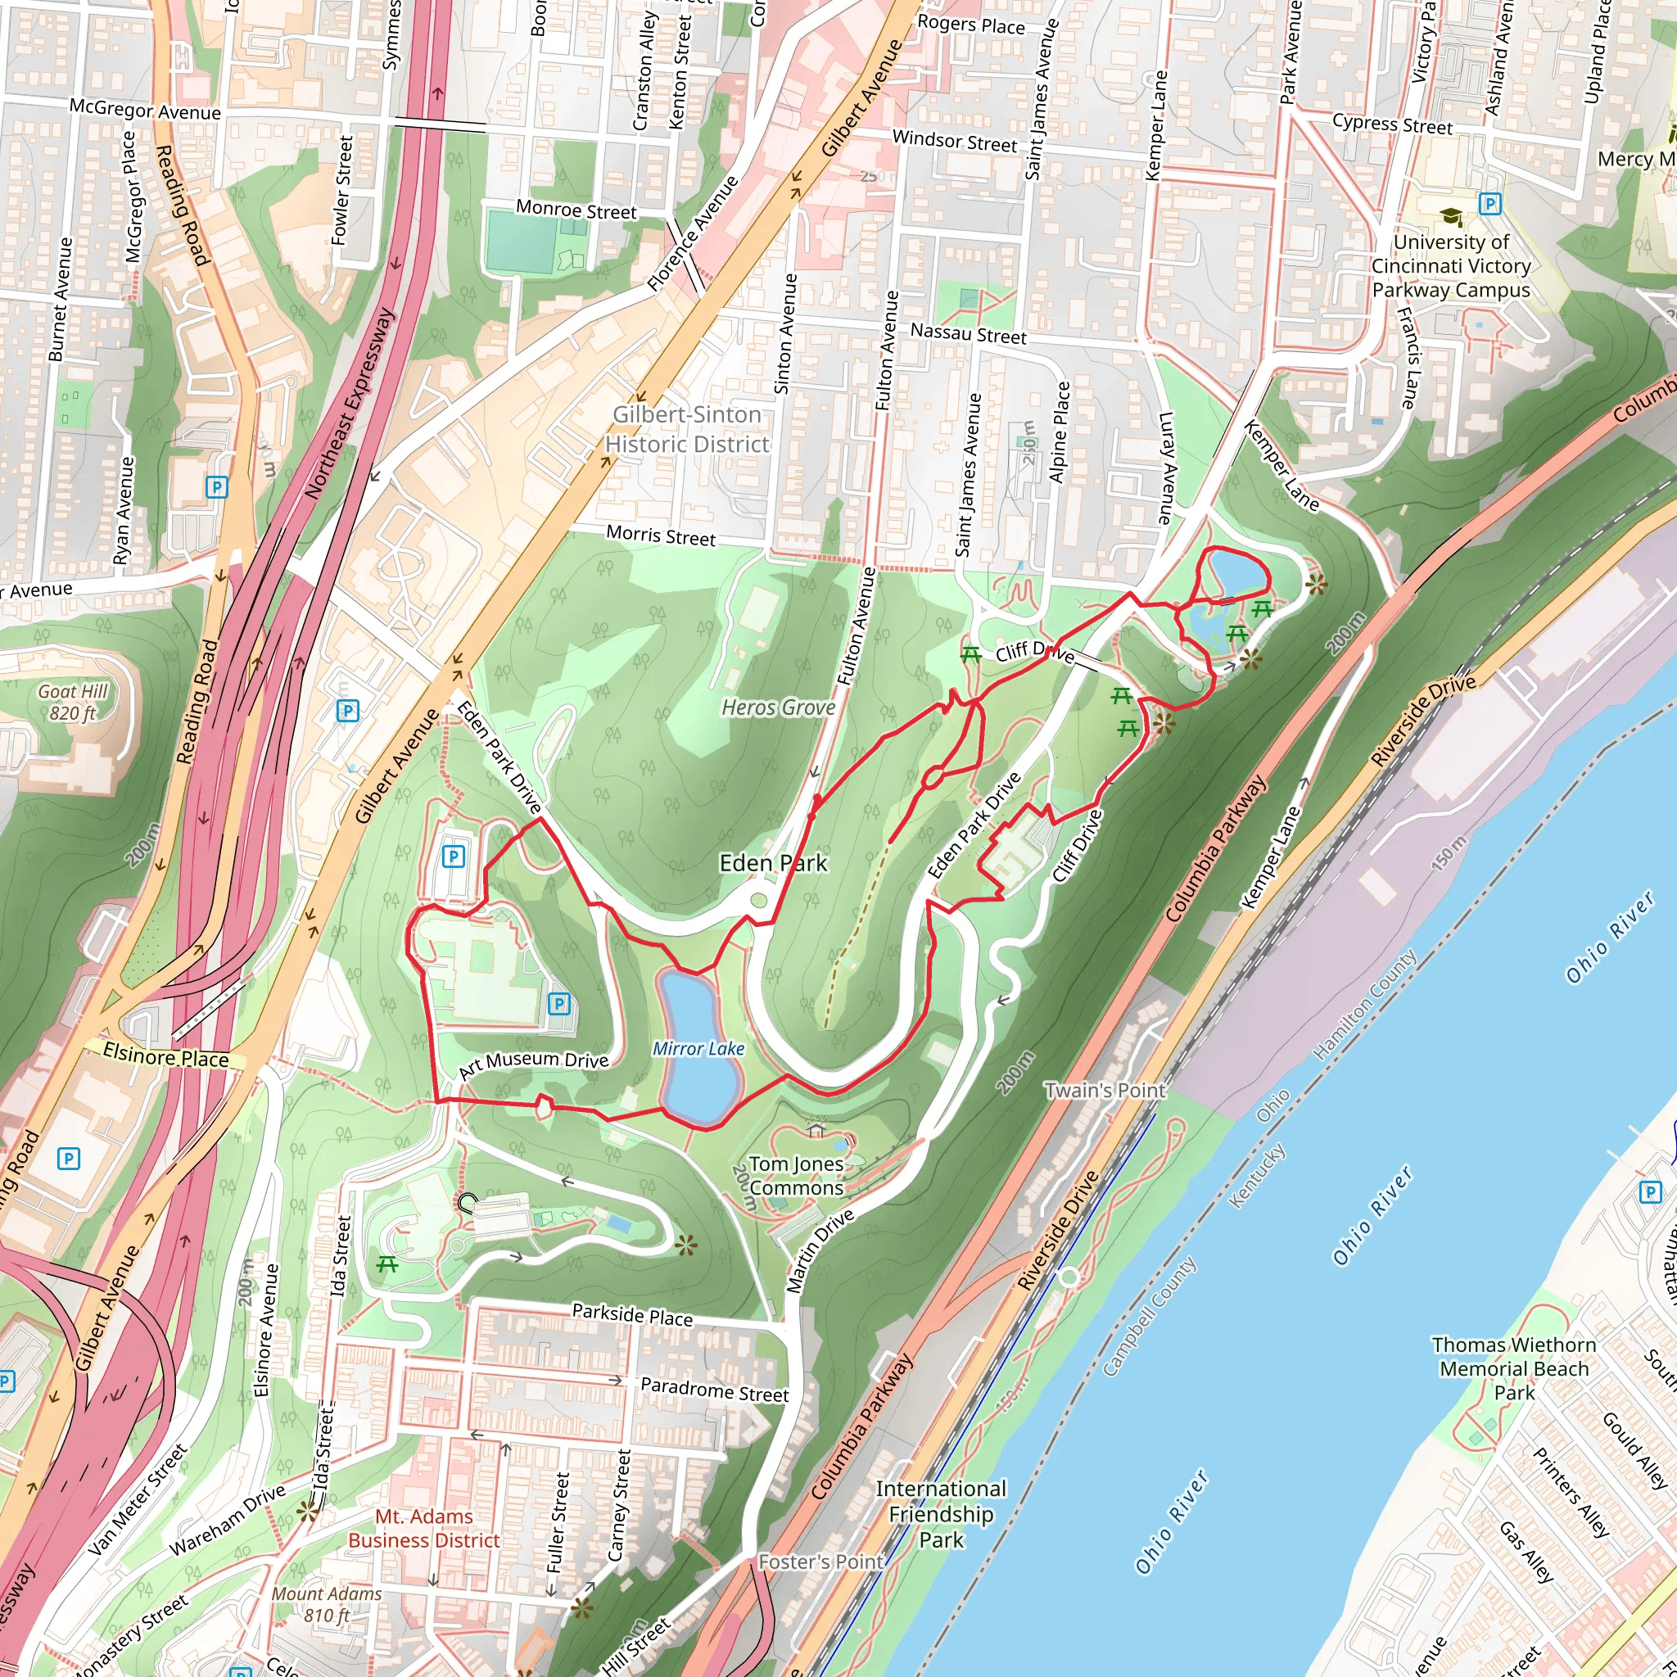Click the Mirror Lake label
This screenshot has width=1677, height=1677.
point(698,1049)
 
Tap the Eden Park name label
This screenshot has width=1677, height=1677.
point(773,863)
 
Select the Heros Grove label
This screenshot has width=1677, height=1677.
point(779,707)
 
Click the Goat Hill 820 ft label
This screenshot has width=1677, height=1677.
point(73,703)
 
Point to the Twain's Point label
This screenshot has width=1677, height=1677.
point(1105,1090)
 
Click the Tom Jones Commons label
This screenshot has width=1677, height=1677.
point(796,1175)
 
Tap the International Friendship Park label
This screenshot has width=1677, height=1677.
point(941,1514)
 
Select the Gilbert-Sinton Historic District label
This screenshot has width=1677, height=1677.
point(686,429)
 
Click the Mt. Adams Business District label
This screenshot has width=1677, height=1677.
point(424,1528)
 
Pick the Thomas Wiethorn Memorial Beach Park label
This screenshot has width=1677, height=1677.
point(1514,1368)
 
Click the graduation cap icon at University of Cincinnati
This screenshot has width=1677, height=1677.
point(1450,216)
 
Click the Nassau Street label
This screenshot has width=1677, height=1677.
point(968,333)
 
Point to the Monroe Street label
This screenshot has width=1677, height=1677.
point(576,210)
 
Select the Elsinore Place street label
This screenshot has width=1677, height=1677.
point(165,1056)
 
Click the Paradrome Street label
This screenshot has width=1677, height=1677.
point(714,1390)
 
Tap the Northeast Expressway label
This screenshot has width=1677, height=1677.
point(349,404)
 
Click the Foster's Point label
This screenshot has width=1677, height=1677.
point(820,1562)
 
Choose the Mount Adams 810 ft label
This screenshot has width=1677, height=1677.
point(327,1604)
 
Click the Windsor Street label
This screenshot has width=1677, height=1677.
point(954,141)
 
